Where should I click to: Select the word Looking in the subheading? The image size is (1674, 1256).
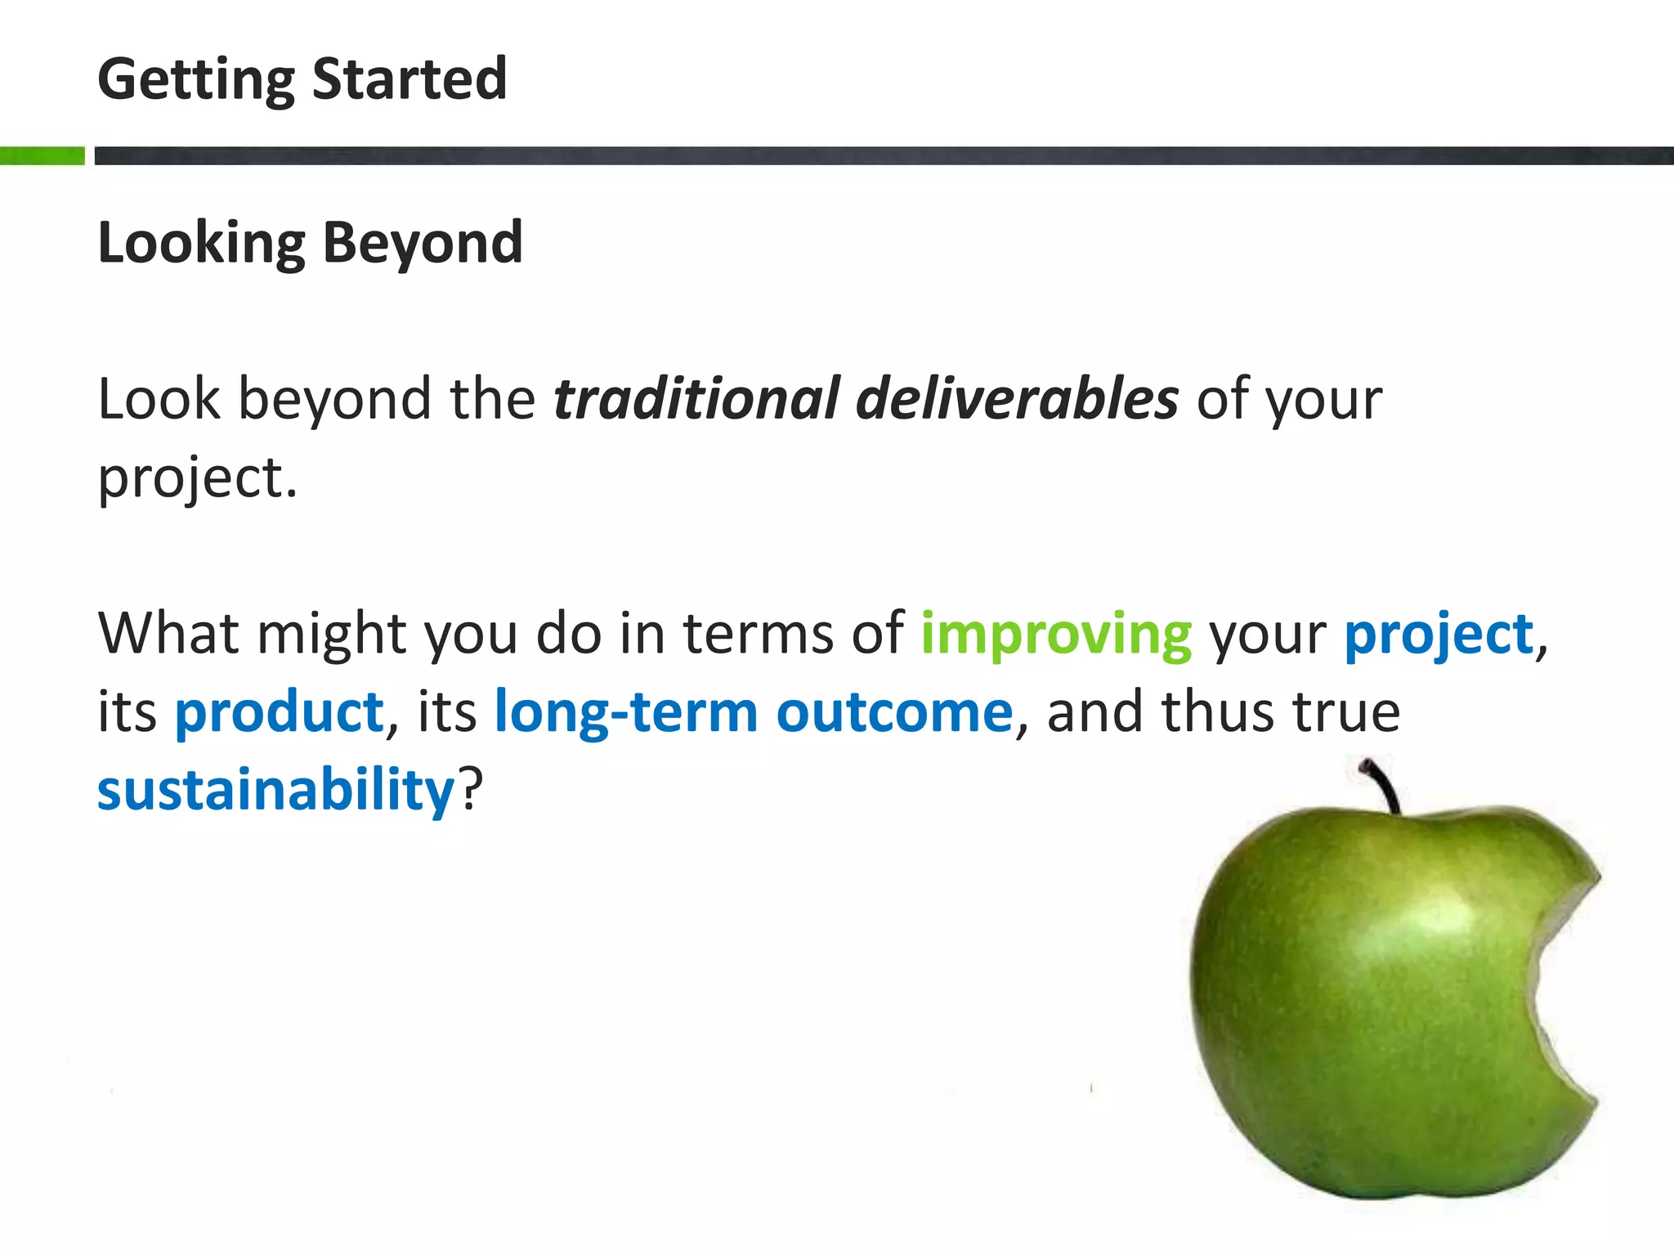click(201, 244)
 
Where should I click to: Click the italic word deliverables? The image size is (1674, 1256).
click(1017, 399)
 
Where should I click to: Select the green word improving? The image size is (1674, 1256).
click(1056, 635)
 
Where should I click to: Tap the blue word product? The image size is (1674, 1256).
click(279, 711)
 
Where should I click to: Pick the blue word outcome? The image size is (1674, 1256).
click(894, 711)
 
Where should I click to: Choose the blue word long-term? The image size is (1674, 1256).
click(627, 711)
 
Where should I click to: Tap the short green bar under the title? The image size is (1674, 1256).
click(42, 155)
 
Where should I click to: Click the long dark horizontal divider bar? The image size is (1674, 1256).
click(883, 155)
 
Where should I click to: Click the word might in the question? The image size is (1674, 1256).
click(331, 635)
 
